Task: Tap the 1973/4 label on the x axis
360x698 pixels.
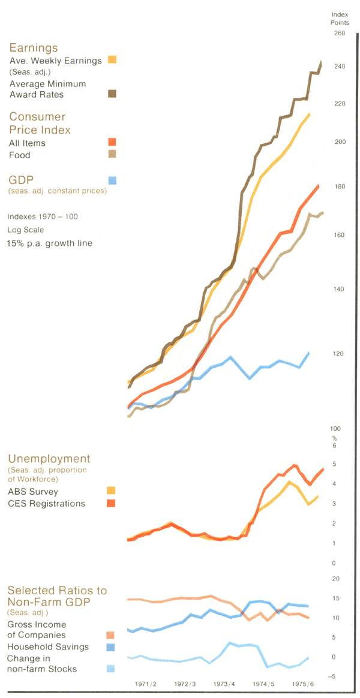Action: coord(224,684)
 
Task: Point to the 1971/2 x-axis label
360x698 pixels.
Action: coord(146,684)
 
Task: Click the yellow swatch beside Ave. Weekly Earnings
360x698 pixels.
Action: coord(112,59)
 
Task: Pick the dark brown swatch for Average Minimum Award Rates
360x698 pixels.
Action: coord(112,93)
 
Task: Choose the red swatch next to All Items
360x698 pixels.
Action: coord(112,142)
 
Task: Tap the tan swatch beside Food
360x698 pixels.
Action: coord(112,154)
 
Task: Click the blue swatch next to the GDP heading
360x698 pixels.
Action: coord(112,179)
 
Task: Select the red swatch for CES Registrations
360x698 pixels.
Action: coord(111,503)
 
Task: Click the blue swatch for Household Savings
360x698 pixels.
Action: coord(110,647)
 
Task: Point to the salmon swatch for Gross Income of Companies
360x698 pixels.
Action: coord(110,635)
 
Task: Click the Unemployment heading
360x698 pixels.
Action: coord(49,459)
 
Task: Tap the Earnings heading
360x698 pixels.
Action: coord(33,47)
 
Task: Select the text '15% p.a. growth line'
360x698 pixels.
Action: coord(50,243)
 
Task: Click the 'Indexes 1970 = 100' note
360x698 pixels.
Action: coord(43,216)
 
